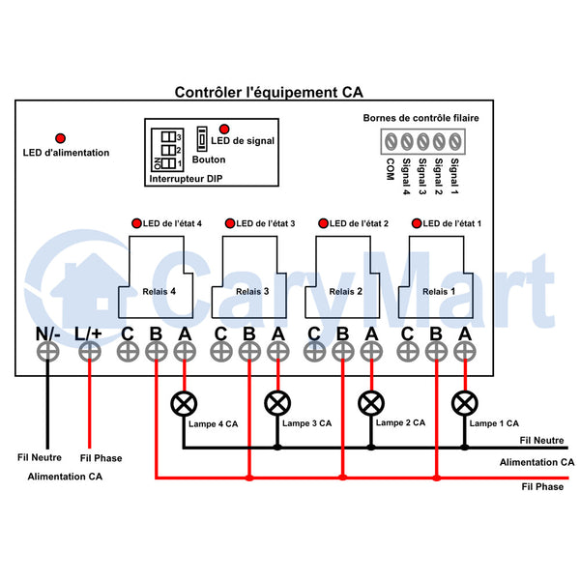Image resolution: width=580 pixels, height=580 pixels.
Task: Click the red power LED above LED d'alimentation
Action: click(60, 138)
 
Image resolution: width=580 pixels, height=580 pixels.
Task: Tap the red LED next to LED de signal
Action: click(224, 129)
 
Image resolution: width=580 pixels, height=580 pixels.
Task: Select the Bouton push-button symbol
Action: click(202, 139)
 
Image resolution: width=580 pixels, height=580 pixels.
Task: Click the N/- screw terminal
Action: click(47, 352)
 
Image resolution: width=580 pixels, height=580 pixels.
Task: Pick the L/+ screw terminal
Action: click(90, 352)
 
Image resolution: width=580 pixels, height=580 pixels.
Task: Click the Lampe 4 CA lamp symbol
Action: click(184, 403)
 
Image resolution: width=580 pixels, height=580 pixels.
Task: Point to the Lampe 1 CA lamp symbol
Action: click(465, 403)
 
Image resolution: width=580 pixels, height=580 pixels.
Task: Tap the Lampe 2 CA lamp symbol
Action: click(371, 403)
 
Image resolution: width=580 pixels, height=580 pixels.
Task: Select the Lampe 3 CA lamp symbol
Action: click(277, 403)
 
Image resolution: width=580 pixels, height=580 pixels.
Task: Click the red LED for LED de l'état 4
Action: click(137, 223)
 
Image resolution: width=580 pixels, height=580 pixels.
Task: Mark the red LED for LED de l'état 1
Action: click(417, 223)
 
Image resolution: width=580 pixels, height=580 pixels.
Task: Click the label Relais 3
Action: click(252, 292)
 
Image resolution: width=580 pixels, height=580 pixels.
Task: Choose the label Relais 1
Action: click(439, 292)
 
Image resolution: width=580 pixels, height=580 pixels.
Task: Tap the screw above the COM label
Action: click(391, 142)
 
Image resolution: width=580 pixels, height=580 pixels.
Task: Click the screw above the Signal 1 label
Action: click(455, 142)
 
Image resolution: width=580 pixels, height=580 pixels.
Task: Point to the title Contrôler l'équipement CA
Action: click(269, 92)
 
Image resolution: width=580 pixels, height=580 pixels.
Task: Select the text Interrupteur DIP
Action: click(186, 179)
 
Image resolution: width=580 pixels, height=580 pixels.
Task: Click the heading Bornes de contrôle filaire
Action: click(420, 118)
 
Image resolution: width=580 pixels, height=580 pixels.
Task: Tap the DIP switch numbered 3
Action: click(168, 137)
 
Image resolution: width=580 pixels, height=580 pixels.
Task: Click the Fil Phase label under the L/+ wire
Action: click(101, 458)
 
